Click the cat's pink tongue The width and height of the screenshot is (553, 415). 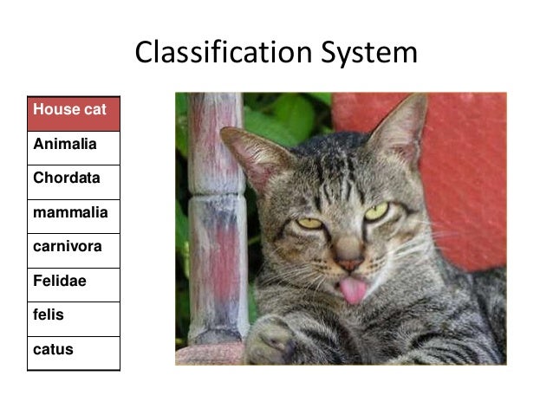pyautogui.click(x=354, y=291)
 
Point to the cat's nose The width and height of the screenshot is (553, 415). pyautogui.click(x=349, y=263)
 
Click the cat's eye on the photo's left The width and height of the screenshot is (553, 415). pyautogui.click(x=310, y=224)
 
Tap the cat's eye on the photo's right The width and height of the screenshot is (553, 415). pyautogui.click(x=376, y=211)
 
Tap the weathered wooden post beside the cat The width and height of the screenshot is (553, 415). pyautogui.click(x=217, y=225)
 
